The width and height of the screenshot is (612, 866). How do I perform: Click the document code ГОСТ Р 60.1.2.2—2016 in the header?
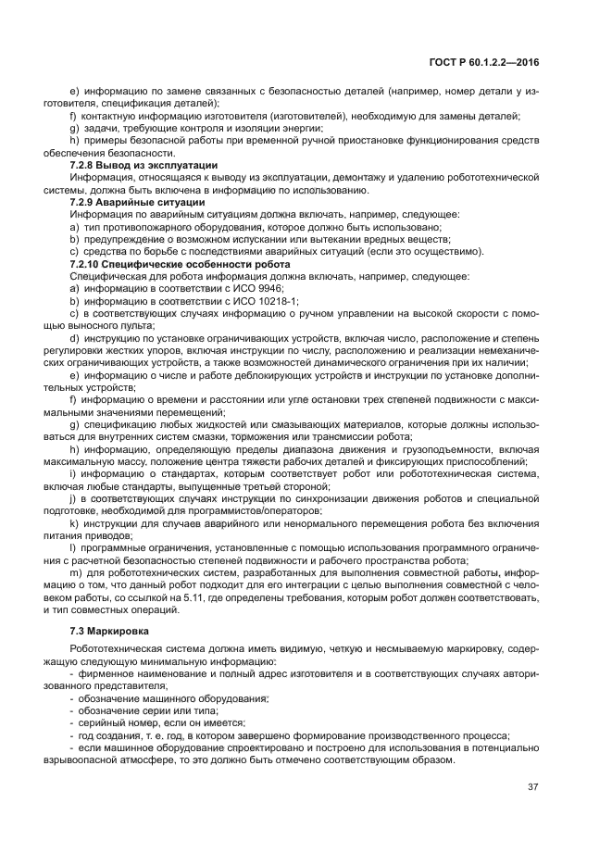point(485,61)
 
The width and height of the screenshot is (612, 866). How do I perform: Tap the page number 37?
point(532,787)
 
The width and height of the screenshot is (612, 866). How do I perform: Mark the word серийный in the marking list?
point(101,722)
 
